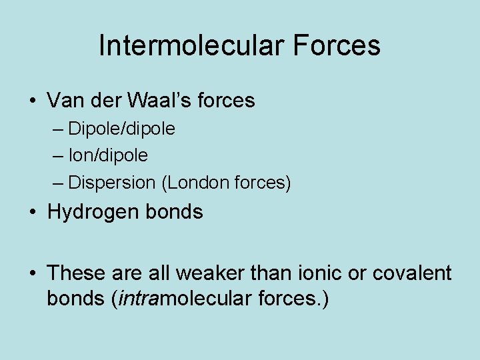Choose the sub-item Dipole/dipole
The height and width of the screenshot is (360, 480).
coord(121,129)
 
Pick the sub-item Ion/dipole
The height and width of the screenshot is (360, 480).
coord(108,155)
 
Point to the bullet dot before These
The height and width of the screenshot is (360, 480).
coord(33,274)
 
